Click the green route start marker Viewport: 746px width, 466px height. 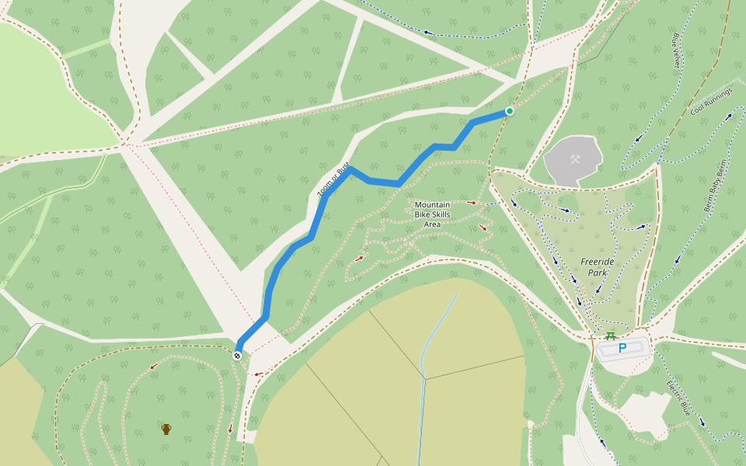tap(510, 111)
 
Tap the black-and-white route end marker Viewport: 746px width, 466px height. tap(237, 356)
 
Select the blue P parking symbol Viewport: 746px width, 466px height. tap(622, 349)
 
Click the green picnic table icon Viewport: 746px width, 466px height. tap(611, 336)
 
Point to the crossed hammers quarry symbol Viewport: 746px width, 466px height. tap(575, 159)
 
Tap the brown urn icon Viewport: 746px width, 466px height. tap(166, 429)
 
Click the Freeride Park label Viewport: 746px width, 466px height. tap(597, 267)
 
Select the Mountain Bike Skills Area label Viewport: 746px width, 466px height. tap(432, 214)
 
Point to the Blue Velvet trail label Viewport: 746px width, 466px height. tap(675, 48)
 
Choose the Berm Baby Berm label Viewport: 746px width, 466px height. tap(719, 190)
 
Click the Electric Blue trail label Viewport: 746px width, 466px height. tap(678, 397)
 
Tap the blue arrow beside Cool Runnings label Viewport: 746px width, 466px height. tap(729, 116)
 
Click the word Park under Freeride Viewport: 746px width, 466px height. tap(597, 273)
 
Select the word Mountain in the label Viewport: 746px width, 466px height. tap(432, 205)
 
